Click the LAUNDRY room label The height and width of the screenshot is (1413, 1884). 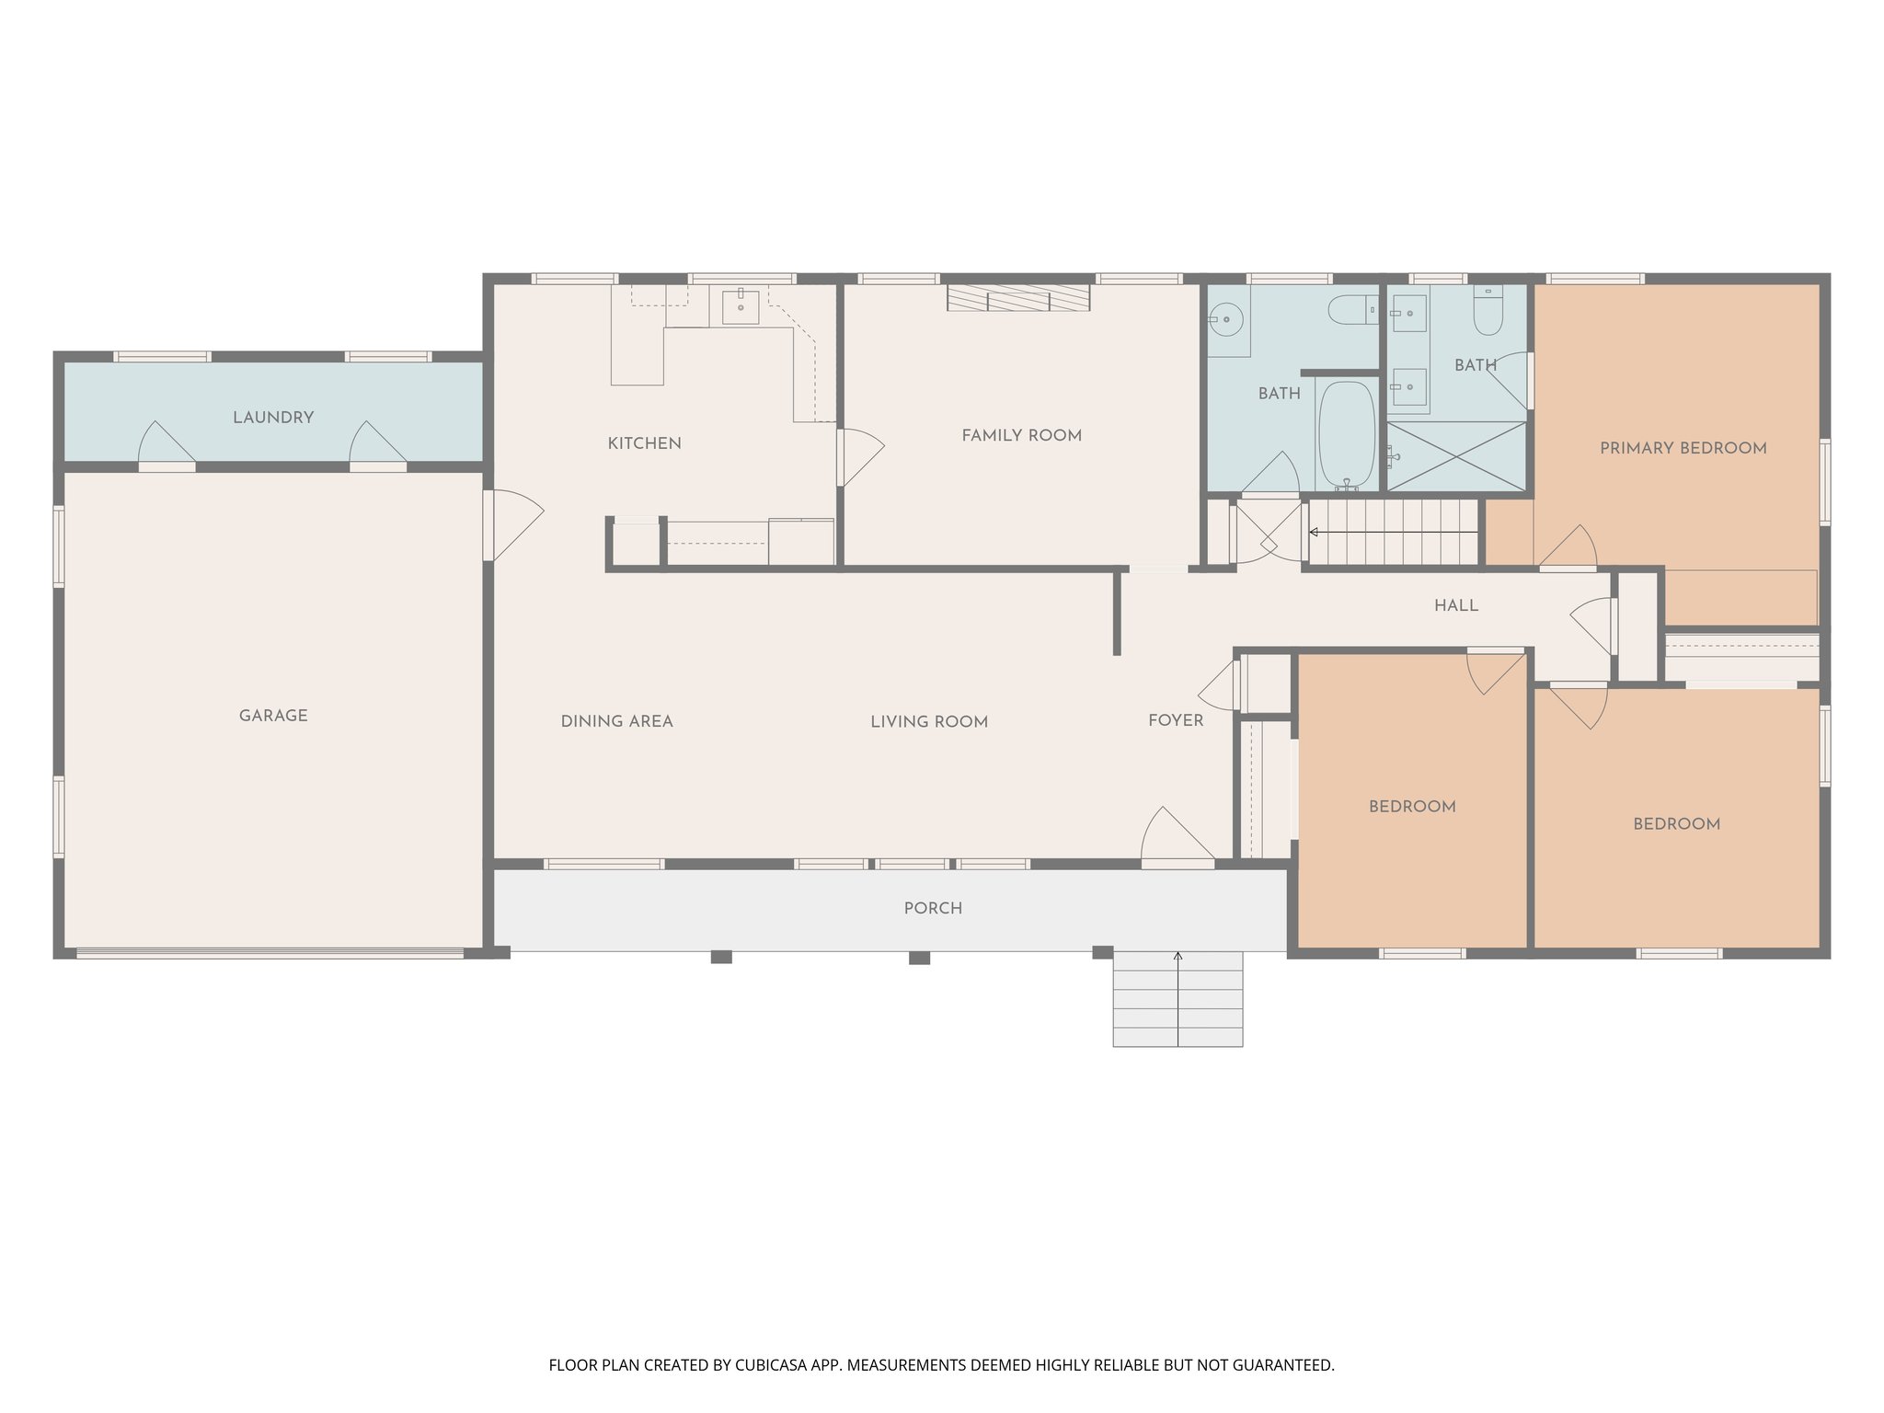273,418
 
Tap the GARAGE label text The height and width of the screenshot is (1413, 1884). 273,716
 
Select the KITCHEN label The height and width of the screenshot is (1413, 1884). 644,443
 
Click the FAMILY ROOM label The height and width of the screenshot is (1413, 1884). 1021,436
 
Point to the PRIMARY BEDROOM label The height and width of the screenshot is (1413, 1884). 1683,449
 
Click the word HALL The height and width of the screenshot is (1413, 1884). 1455,605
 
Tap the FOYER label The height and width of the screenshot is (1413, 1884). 1175,720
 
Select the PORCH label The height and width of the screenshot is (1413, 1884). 932,908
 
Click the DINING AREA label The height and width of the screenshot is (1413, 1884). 616,721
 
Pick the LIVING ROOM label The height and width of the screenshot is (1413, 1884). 928,722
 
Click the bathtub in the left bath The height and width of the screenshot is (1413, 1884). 1346,434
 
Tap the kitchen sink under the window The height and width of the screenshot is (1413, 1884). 740,307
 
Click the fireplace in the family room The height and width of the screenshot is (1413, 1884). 1018,298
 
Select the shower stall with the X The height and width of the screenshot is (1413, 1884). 1455,456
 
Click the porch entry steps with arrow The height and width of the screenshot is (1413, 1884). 1177,1000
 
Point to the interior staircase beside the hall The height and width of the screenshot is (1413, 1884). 1392,532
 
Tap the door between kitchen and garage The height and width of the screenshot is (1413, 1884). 511,525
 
